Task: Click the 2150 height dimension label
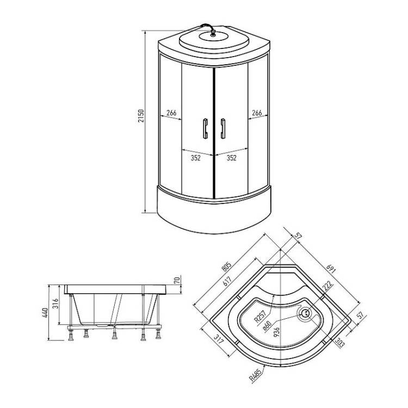click(x=141, y=116)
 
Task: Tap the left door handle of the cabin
click(x=205, y=128)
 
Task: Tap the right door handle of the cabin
click(x=222, y=128)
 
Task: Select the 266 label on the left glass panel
click(x=171, y=113)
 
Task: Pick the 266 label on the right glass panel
click(x=257, y=113)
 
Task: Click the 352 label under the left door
click(x=195, y=158)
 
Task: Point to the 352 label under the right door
click(x=231, y=158)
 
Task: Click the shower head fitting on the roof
click(x=213, y=33)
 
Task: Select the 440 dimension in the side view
click(x=45, y=313)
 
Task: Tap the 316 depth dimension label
click(x=55, y=304)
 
